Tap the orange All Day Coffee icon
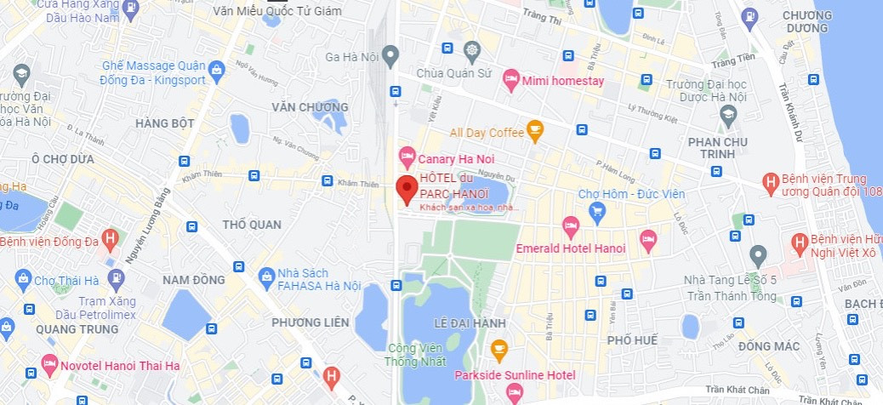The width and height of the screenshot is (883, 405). pos(534,131)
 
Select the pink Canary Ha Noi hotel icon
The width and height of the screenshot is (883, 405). pos(407,158)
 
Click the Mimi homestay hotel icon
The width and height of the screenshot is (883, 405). pos(511,81)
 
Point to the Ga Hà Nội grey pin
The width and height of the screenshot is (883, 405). pos(390,57)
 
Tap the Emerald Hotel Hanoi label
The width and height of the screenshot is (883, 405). pos(571,248)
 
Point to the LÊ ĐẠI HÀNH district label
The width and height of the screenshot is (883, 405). pos(470,323)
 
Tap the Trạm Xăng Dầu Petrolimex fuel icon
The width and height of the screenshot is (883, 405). pos(117,278)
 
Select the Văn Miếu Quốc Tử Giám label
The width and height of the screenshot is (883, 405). pos(276,11)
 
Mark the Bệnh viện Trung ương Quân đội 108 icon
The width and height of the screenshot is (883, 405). pos(770,183)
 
